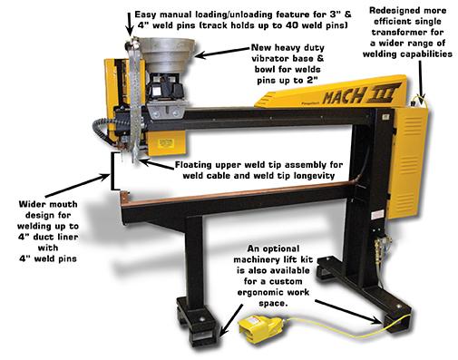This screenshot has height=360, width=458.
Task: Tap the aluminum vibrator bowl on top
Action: coord(168,54)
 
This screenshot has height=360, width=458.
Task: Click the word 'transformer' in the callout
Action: coord(407,32)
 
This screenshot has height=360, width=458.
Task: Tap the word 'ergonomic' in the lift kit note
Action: coord(258,292)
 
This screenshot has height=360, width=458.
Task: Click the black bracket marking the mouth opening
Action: coord(114,171)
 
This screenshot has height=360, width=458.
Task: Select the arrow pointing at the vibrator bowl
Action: coord(223,52)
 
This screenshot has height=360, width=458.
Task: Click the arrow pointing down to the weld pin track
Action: coord(130,24)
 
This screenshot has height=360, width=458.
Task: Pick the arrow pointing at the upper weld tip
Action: coord(157,164)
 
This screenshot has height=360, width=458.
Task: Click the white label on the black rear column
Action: coord(376,215)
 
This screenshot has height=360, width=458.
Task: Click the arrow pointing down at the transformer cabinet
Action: coord(421,80)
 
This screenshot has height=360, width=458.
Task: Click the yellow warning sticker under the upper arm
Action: coord(165,142)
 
